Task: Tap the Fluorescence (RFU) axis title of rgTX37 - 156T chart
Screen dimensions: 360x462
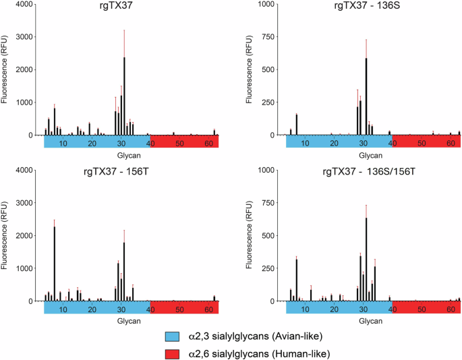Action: pyautogui.click(x=6, y=236)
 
